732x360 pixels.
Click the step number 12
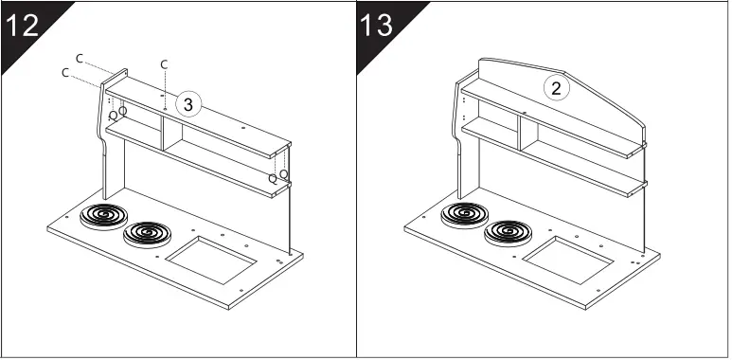[x=23, y=25]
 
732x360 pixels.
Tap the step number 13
[x=377, y=25]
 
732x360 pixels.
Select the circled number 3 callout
[x=188, y=105]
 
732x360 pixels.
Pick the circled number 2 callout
[x=556, y=88]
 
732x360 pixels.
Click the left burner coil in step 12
[x=100, y=217]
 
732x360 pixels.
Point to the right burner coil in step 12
[x=147, y=232]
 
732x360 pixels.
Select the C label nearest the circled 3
[x=164, y=63]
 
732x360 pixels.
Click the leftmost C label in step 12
[x=64, y=73]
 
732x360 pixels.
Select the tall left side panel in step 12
[x=111, y=180]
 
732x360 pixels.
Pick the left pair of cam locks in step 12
[x=117, y=113]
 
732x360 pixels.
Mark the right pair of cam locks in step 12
[x=277, y=176]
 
